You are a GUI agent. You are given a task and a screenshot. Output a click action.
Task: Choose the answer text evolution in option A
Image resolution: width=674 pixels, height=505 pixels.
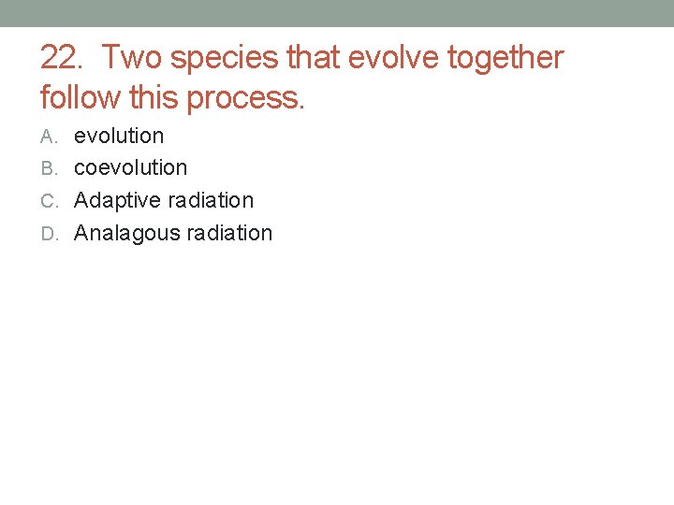(119, 136)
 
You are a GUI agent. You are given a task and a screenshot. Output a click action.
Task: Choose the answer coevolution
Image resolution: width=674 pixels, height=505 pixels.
(130, 168)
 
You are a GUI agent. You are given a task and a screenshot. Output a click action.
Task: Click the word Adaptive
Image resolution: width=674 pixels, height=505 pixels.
(115, 201)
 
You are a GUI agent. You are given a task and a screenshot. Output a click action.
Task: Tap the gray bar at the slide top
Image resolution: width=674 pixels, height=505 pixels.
(337, 13)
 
